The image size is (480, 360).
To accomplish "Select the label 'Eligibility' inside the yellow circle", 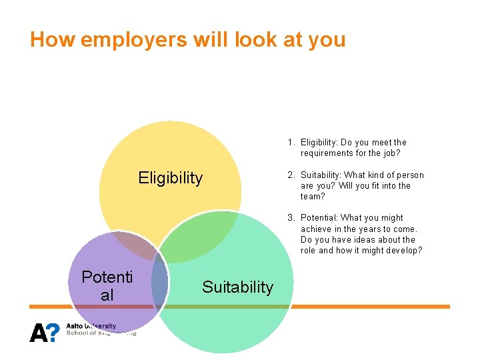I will tap(170, 178).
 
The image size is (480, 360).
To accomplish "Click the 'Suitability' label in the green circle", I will tap(237, 287).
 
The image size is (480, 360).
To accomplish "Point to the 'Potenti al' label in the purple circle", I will tap(107, 286).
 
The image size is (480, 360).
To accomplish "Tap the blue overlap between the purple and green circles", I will tap(159, 283).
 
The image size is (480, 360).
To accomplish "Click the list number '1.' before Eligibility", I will tap(292, 143).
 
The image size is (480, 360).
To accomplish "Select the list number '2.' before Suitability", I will tap(292, 175).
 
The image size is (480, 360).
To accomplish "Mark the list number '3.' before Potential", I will tap(292, 218).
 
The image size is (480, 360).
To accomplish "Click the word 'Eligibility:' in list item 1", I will tap(319, 143).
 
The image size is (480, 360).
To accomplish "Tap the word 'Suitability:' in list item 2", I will tap(321, 175).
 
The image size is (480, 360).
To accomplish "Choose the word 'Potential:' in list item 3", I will tap(319, 218).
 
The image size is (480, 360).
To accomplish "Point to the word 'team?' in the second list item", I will tap(313, 197).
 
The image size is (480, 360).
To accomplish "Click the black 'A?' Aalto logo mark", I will tap(44, 332).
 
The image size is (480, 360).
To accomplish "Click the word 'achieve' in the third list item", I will tap(315, 229).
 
